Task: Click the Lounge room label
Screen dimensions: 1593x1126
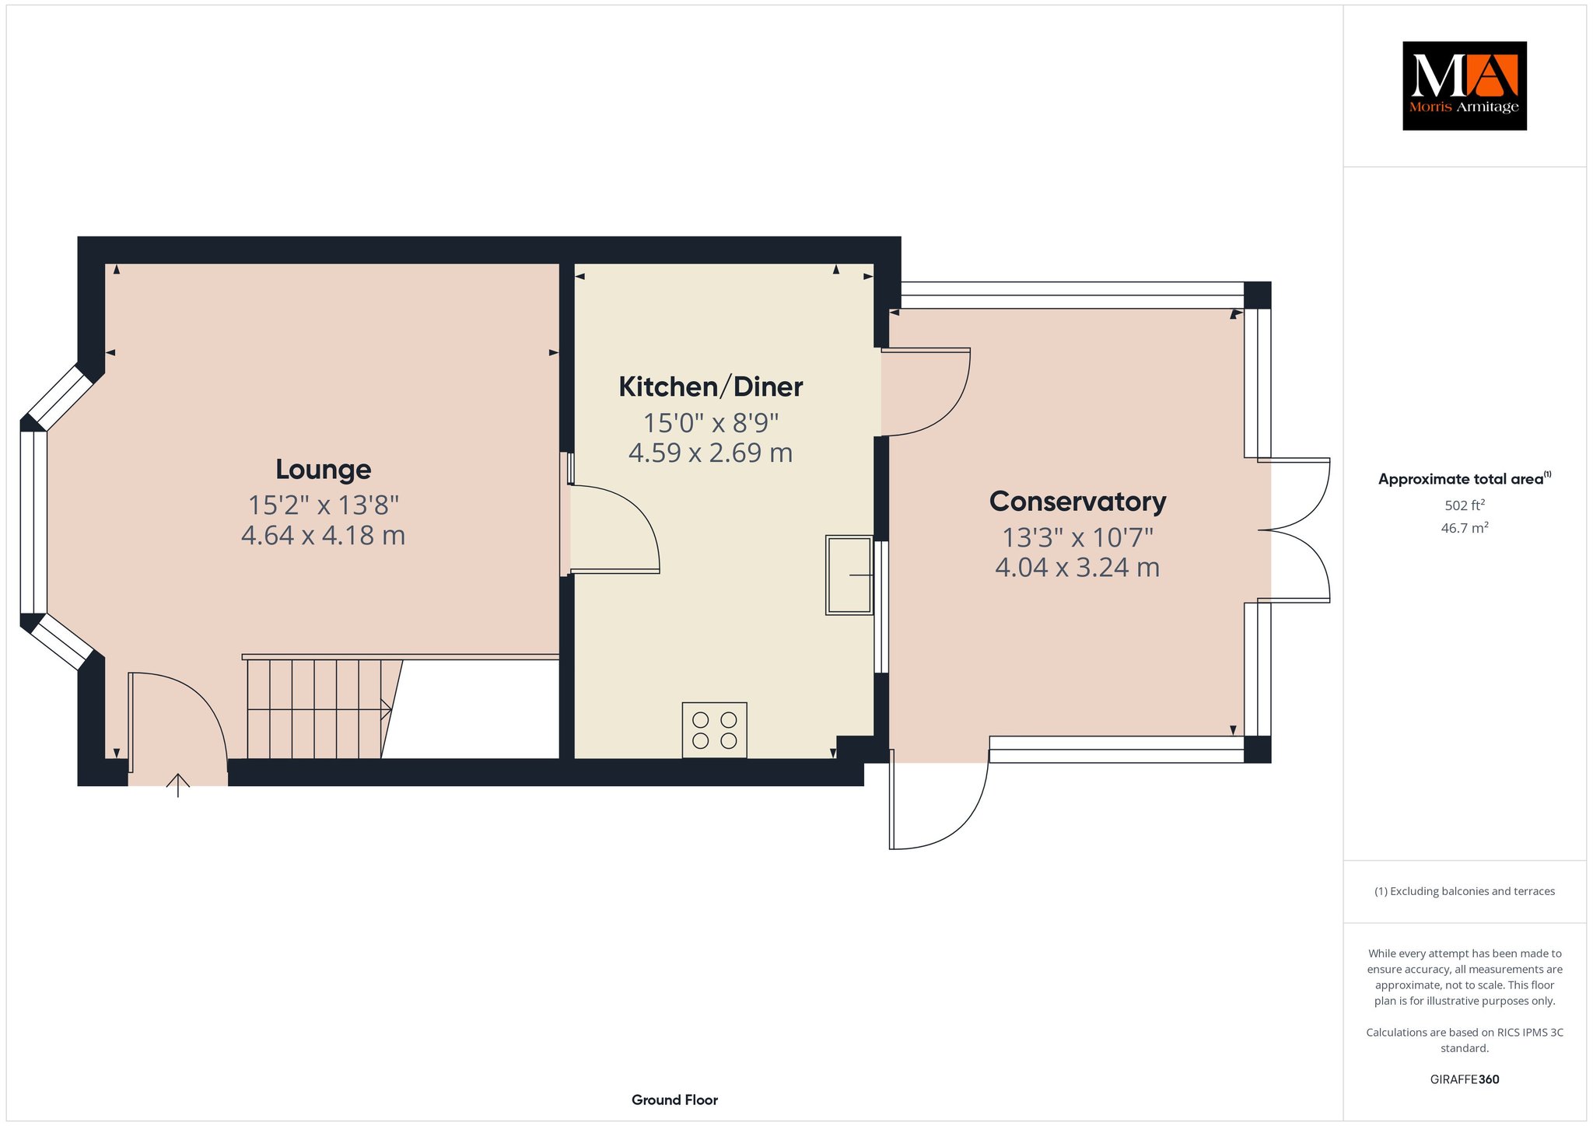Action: point(324,469)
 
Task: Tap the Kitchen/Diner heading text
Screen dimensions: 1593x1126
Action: point(711,386)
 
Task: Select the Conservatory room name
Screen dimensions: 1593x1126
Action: point(1077,502)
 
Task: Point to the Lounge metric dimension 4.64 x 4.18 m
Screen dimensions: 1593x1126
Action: point(324,536)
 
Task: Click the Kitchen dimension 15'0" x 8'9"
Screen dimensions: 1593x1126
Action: point(711,423)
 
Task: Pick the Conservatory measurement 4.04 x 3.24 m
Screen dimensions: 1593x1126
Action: point(1077,568)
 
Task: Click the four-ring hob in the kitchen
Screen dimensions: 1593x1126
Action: point(715,730)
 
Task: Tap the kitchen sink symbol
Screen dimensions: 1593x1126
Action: point(849,575)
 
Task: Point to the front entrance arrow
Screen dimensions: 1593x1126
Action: point(178,785)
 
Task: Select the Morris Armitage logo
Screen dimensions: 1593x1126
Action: point(1465,86)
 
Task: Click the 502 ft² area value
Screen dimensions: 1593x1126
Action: point(1465,505)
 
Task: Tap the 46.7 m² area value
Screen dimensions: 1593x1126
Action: point(1465,528)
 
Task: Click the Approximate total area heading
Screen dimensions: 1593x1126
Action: point(1465,479)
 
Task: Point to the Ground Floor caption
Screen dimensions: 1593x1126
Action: point(674,1100)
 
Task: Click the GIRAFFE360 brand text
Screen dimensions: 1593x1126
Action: point(1465,1079)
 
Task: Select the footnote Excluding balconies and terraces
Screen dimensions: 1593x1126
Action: point(1465,891)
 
